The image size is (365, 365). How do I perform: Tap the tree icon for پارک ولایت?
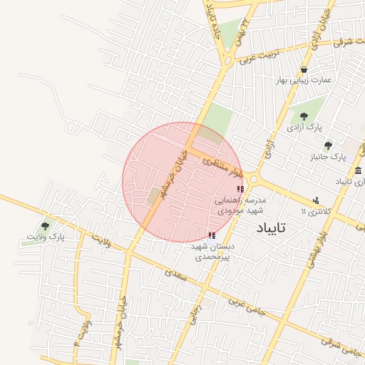click(x=46, y=226)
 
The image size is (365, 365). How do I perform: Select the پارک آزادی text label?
click(x=304, y=128)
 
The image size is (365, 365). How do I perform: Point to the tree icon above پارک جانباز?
click(x=328, y=145)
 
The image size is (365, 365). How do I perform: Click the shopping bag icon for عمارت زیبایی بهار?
click(x=304, y=70)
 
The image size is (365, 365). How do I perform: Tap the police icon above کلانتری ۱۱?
click(x=316, y=200)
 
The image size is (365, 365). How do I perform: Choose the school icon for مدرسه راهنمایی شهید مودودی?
click(x=240, y=189)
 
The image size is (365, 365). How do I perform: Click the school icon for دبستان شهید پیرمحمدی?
click(x=211, y=235)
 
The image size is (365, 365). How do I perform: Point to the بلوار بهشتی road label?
click(x=316, y=250)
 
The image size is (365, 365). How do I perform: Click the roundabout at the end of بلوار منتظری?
click(x=255, y=180)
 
